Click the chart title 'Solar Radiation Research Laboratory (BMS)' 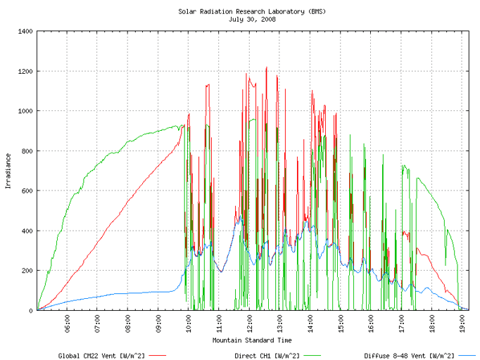point(252,12)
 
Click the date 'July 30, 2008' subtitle point(252,20)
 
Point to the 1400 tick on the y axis point(25,31)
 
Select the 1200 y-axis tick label point(25,71)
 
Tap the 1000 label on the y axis point(25,111)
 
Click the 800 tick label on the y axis point(27,151)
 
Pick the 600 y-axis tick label point(27,191)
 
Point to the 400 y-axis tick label point(27,231)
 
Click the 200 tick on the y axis point(27,271)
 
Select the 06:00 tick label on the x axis point(68,323)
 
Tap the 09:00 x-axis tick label point(158,323)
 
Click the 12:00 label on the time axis point(249,323)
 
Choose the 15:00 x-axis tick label point(341,323)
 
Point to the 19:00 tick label point(462,323)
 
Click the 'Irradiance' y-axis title point(8,171)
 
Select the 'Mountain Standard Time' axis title point(252,340)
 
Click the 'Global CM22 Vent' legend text point(87,356)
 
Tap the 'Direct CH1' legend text point(252,356)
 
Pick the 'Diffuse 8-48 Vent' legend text point(396,356)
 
